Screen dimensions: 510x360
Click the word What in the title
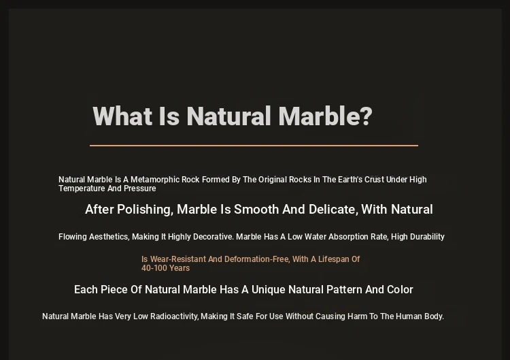122,116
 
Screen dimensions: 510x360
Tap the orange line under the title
254,146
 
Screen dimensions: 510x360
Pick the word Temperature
82,189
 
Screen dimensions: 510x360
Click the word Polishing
145,210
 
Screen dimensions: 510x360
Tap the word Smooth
256,210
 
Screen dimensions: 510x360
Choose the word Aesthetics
109,237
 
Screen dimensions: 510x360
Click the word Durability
427,237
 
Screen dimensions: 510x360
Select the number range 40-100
154,268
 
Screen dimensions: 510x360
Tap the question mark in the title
367,116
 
